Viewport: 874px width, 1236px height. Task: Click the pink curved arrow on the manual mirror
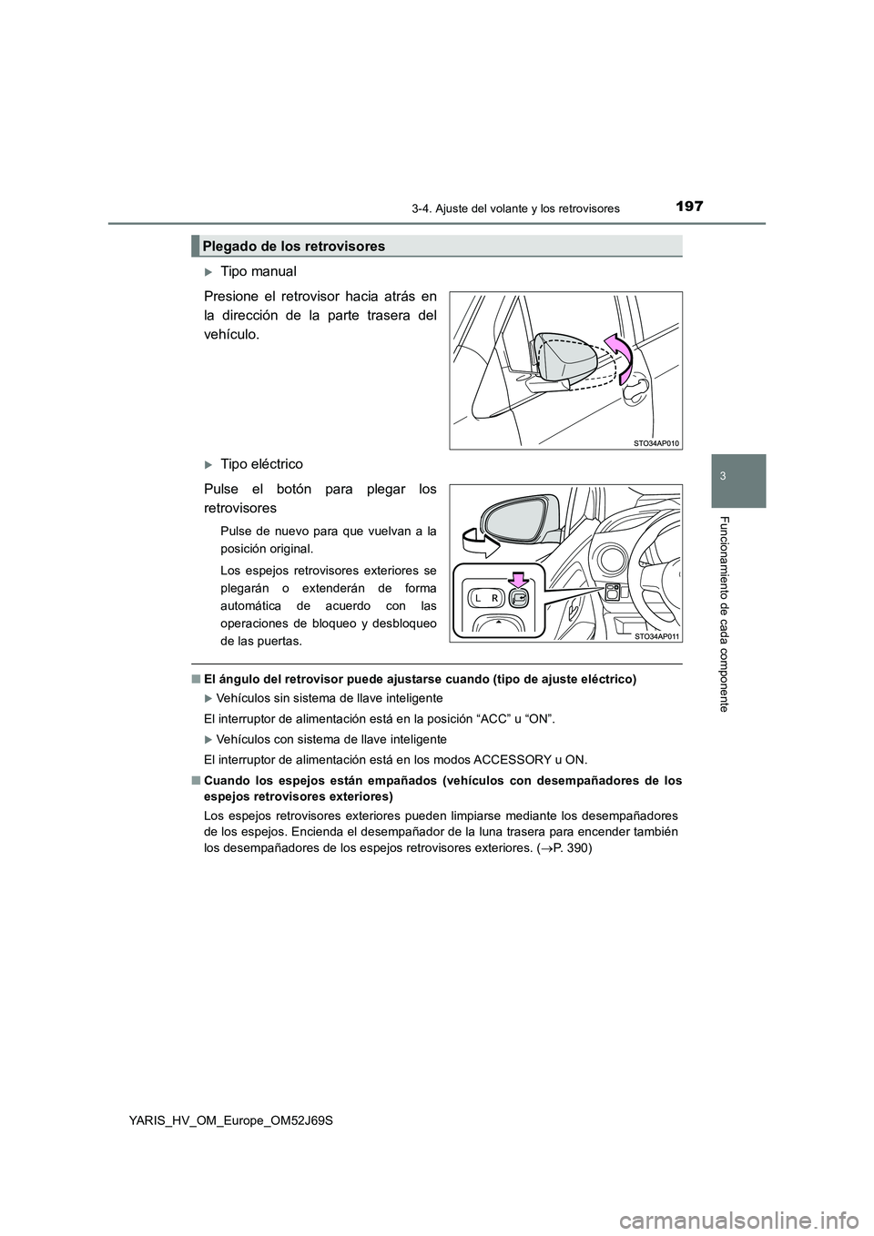click(x=620, y=355)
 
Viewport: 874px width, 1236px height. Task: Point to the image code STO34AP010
click(x=655, y=441)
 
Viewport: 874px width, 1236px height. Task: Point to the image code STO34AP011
click(x=655, y=636)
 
